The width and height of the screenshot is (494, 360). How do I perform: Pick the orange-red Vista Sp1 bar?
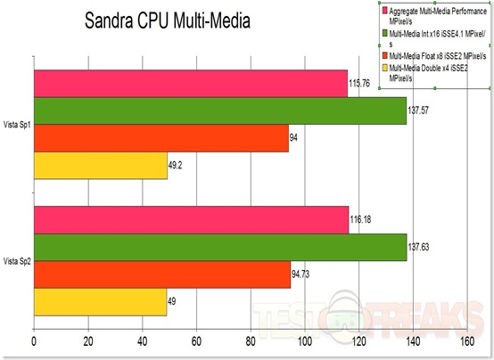(x=161, y=138)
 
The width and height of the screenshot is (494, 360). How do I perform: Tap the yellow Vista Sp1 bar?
(x=100, y=166)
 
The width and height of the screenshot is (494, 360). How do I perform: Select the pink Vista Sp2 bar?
(x=191, y=219)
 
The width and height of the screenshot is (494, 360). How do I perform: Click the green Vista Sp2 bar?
(x=219, y=247)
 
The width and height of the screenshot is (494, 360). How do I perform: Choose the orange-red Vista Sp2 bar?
(x=161, y=274)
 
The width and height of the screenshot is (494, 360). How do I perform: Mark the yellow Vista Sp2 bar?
(x=100, y=302)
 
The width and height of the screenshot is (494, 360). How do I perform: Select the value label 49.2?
(x=177, y=166)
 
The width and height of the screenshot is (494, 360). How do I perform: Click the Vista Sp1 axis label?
(x=18, y=125)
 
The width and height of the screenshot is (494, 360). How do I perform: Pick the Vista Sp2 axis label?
(x=18, y=261)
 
